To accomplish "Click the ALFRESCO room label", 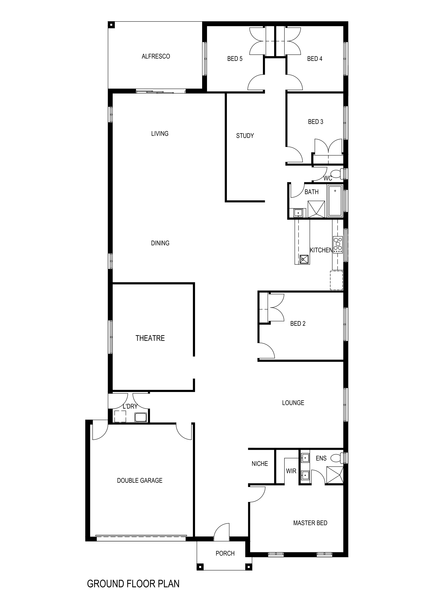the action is coord(156,56).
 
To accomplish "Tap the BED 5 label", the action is coord(235,59).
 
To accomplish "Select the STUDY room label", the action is coord(245,136).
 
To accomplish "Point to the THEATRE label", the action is coord(150,338).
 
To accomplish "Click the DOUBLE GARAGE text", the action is coord(140,480).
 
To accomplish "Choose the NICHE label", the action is coord(260,464).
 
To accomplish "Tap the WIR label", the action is coord(291,471).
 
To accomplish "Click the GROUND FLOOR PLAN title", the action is coord(133,584).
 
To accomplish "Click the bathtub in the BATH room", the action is coord(335,201).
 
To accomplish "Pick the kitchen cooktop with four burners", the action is coord(338,244).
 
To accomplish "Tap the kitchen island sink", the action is coord(304,259).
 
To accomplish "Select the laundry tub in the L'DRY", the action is coord(140,417).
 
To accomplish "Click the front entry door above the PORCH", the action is coord(221,532).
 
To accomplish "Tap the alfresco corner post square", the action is coord(111,25).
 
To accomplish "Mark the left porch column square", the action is coord(200,567).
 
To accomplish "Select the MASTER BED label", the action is coord(310,523).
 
